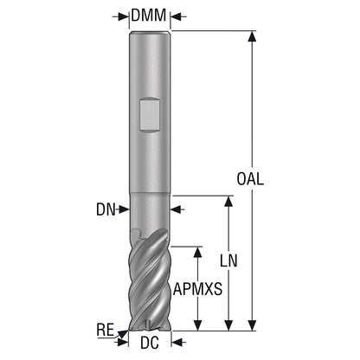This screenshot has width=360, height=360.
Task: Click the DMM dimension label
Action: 149,16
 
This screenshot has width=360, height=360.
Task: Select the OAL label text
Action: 250,179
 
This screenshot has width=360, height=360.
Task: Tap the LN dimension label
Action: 228,260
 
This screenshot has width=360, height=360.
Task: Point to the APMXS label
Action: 198,289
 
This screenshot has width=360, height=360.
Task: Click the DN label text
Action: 106,209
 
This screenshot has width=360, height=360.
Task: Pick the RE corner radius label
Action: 106,330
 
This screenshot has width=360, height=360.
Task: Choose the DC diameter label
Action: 150,343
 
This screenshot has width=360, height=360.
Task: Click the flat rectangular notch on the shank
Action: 149,115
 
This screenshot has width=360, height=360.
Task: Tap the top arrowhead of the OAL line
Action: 252,36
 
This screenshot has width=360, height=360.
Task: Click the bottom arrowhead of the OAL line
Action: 252,325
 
